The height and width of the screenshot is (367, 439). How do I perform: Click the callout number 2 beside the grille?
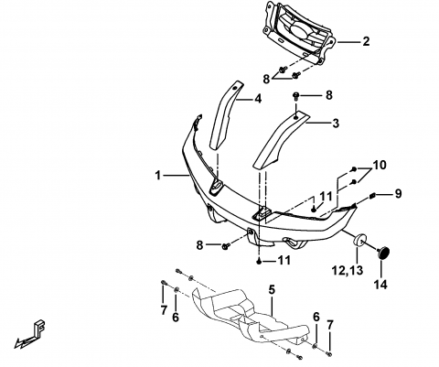coord(366,41)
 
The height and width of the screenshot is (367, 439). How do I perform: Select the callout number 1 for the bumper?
coord(157,176)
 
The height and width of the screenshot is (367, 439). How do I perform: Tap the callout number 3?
coord(336,124)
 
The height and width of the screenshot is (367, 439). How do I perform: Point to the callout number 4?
coord(258,99)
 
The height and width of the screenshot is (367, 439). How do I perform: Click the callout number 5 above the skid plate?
coord(272,289)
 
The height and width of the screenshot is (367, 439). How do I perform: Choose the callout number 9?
coord(398,194)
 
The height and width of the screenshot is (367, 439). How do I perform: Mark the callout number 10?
coord(380,165)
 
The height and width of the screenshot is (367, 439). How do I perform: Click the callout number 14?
coord(381,285)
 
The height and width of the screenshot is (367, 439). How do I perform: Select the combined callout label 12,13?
coord(348,270)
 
